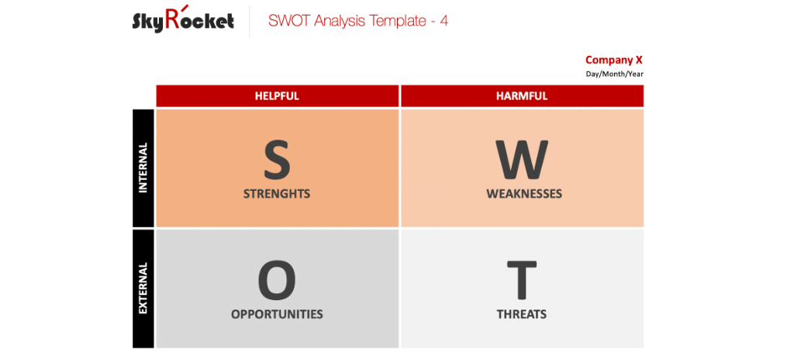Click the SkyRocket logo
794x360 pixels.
coord(183,21)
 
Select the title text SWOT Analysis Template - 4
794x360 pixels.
coord(357,21)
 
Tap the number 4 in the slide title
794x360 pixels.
coord(444,21)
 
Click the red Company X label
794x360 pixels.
coord(613,60)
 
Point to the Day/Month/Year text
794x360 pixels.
coord(614,74)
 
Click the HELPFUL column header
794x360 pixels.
coord(277,96)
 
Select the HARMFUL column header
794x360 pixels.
coord(522,96)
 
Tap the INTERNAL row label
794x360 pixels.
coord(143,167)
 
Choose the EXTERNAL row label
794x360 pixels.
coord(143,288)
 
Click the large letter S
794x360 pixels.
coord(277,159)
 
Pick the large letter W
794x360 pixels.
coord(523,159)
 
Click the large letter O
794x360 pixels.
coord(277,280)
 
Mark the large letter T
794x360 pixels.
coord(522,280)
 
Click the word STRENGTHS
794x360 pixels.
coord(277,193)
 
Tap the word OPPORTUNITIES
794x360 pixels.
coord(277,314)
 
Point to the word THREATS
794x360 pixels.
coord(522,314)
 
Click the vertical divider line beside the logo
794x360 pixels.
coord(250,21)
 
